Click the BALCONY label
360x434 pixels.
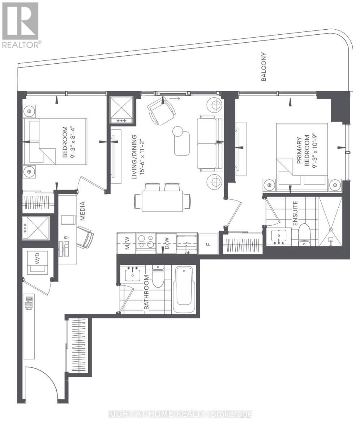[x=264, y=67]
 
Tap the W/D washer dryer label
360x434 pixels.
[x=37, y=258]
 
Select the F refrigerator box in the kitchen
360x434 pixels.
[x=208, y=244]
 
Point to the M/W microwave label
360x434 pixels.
[x=127, y=243]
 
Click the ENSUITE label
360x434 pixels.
[x=295, y=213]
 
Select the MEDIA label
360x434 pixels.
[x=82, y=211]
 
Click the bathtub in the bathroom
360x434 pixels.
[x=184, y=290]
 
